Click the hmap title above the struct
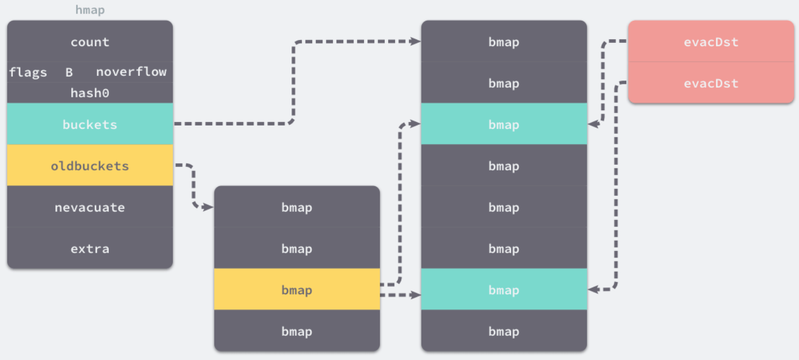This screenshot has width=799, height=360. coord(90,10)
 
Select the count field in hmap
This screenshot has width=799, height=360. coord(90,41)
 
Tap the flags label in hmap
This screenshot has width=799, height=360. coord(28,73)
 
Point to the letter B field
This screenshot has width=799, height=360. coord(69,73)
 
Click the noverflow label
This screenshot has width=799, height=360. coord(131,72)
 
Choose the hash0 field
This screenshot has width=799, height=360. coord(90,93)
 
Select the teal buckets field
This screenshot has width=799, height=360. coord(90,124)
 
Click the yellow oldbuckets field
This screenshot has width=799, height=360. coord(90,165)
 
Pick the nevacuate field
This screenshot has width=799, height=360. coord(90,207)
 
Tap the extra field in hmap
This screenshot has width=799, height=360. coord(90,248)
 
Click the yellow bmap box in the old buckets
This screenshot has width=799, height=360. coord(297,289)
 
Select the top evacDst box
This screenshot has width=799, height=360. coord(711,41)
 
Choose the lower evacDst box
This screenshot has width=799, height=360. coord(711,83)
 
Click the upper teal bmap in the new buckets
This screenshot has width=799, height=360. coord(504,124)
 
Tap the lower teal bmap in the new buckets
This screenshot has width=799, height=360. coord(504,289)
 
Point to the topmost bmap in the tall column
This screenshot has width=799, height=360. coord(504,41)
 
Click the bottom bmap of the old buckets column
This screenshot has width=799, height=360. coord(297,330)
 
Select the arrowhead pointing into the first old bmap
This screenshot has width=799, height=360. coord(208,207)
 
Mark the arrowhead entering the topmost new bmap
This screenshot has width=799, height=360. coord(415,42)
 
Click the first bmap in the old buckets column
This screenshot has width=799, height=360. coord(297,207)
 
